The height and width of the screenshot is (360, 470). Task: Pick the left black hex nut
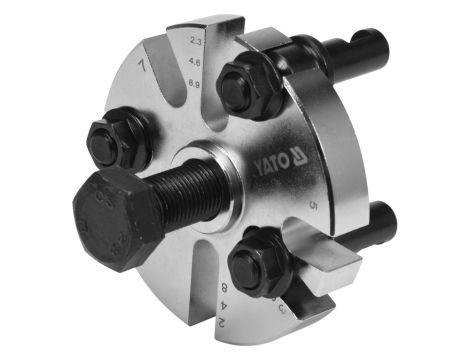click(119, 139)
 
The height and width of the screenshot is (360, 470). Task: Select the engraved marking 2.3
click(195, 41)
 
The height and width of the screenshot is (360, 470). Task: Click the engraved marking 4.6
click(196, 64)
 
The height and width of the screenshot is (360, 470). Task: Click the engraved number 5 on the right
click(314, 206)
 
